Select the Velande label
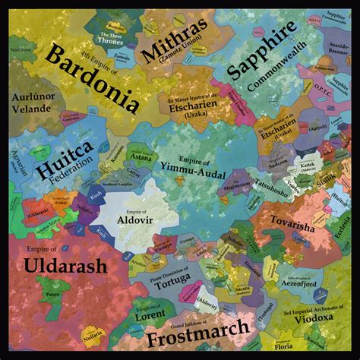30,108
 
